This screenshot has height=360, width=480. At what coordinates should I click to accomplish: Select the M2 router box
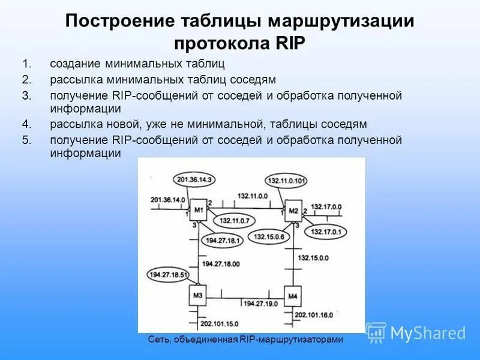tap(293, 210)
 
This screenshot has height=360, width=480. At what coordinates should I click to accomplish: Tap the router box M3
tap(199, 295)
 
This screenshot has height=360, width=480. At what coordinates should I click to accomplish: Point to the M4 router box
tap(293, 296)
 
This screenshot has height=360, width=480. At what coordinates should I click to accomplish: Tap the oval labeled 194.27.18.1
tap(223, 240)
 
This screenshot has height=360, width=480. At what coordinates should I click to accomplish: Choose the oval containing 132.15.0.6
tap(269, 236)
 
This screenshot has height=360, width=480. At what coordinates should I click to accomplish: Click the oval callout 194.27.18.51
tap(169, 275)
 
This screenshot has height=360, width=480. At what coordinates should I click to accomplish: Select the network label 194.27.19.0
tap(260, 303)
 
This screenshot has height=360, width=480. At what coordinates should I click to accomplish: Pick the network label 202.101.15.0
tap(220, 325)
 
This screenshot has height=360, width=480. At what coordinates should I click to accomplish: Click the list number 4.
tap(26, 124)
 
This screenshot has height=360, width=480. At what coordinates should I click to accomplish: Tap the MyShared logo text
tap(428, 332)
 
